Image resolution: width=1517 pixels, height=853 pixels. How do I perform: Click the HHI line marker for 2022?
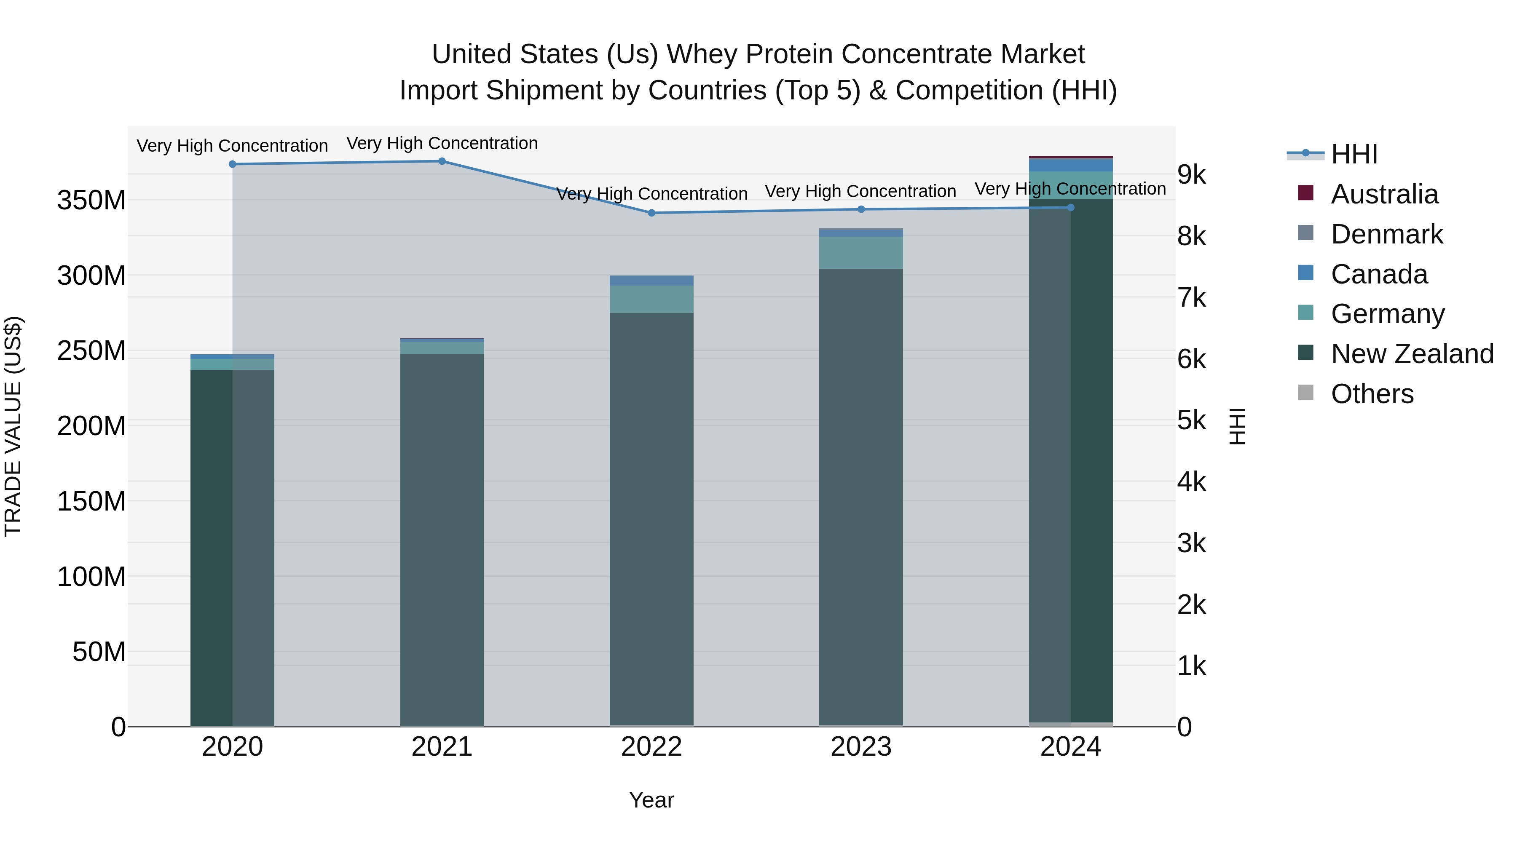651,213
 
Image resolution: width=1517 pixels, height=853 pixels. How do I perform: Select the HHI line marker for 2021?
442,161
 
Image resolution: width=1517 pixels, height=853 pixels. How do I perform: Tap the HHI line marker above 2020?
233,164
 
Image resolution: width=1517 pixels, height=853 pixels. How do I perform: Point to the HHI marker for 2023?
861,210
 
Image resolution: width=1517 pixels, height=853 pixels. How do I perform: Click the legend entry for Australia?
1384,194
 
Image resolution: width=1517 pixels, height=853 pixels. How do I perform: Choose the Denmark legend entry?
1386,234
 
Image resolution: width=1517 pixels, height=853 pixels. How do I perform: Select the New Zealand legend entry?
1412,354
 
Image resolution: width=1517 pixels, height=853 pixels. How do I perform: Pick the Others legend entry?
1372,394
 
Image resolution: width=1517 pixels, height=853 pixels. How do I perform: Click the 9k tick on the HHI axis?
1191,175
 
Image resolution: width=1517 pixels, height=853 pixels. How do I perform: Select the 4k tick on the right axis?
1191,482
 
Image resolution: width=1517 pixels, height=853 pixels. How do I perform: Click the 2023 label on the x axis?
861,747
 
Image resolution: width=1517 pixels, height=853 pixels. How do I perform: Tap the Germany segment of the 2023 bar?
861,253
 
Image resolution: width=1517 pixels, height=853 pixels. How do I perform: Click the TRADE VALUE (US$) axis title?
13,426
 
